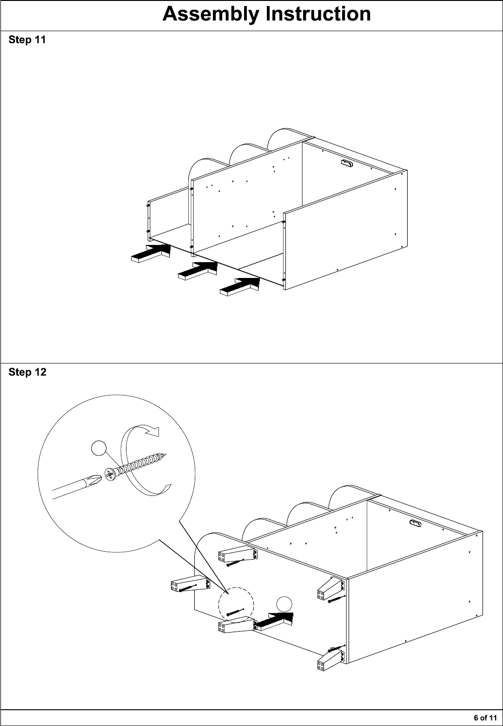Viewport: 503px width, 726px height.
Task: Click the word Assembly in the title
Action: pyautogui.click(x=211, y=15)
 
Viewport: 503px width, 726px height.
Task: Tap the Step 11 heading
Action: pyautogui.click(x=27, y=40)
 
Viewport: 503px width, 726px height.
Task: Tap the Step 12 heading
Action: pyautogui.click(x=27, y=372)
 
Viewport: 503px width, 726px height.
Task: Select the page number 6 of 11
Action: pyautogui.click(x=485, y=718)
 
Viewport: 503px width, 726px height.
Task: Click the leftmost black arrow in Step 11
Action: pyautogui.click(x=151, y=253)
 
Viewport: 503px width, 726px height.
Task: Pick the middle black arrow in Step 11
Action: pyautogui.click(x=198, y=271)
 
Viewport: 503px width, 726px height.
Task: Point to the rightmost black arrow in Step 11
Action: pyautogui.click(x=240, y=286)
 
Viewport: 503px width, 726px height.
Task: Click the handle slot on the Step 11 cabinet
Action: pyautogui.click(x=347, y=163)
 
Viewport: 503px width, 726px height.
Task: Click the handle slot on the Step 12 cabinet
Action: pyautogui.click(x=415, y=522)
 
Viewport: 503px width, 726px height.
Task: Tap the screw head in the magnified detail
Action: pyautogui.click(x=110, y=475)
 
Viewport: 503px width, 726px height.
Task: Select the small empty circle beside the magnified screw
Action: pyautogui.click(x=99, y=449)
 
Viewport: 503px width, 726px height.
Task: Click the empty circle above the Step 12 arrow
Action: pyautogui.click(x=284, y=604)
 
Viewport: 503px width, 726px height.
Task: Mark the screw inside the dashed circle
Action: pyautogui.click(x=235, y=612)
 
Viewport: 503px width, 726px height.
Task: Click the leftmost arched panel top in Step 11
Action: pyautogui.click(x=204, y=165)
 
